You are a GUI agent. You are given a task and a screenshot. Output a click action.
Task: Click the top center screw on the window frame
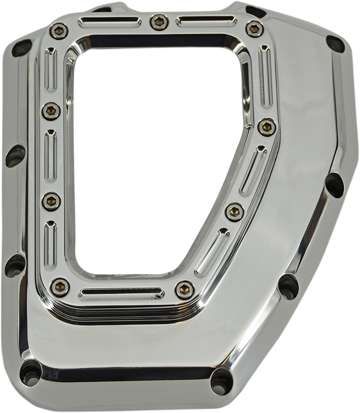tap(157, 22)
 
